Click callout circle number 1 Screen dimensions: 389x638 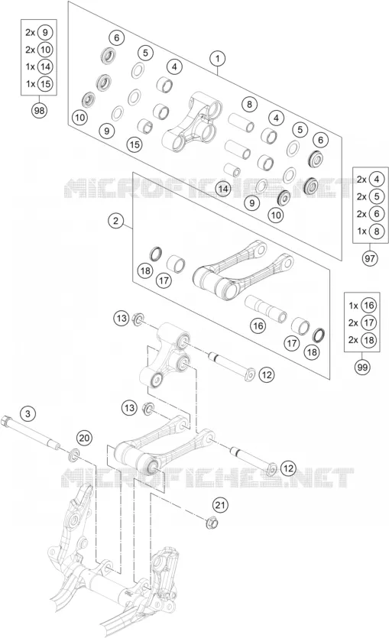pos(218,58)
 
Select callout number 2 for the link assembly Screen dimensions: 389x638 pos(116,221)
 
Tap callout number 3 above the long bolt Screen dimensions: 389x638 pos(28,414)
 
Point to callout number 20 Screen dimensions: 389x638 pos(84,439)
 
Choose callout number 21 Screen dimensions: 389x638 pos(220,505)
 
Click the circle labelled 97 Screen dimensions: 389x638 pos(370,258)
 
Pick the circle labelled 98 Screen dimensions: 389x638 pos(39,110)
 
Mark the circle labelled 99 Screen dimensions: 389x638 pos(362,368)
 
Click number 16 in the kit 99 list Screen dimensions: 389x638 pos(368,306)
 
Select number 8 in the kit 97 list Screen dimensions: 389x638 pos(377,231)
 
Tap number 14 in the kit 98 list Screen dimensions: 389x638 pos(45,66)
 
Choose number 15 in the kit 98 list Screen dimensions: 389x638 pos(45,84)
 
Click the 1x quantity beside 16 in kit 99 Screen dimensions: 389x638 pos(353,306)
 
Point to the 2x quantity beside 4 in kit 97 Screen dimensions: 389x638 pos(361,180)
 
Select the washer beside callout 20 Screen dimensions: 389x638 pos(74,454)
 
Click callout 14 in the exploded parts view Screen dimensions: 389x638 pos(223,189)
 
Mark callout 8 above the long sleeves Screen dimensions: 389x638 pos(249,104)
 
